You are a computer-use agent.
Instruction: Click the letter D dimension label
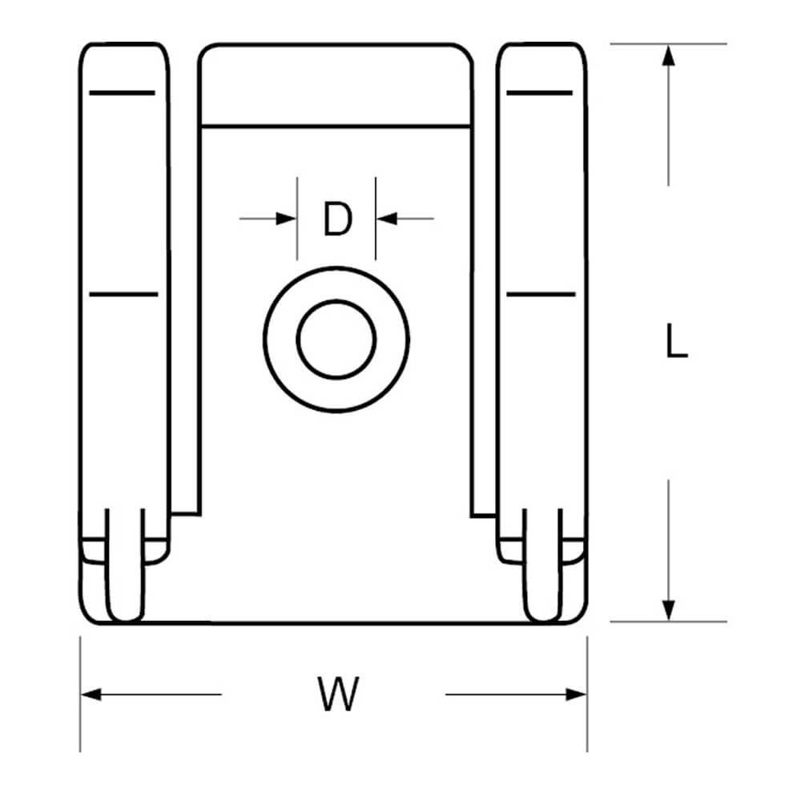(x=338, y=219)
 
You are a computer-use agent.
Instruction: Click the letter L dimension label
(x=677, y=340)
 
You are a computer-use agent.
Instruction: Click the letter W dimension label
(x=338, y=693)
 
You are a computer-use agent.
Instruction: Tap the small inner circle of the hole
(x=336, y=340)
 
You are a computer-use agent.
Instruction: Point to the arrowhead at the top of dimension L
(x=668, y=56)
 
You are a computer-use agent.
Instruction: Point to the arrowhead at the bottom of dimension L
(x=668, y=610)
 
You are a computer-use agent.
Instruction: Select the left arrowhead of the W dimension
(x=91, y=694)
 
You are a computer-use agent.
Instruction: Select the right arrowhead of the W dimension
(x=576, y=694)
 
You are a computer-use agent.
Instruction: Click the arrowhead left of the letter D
(x=286, y=219)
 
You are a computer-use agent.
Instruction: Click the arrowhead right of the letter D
(x=387, y=219)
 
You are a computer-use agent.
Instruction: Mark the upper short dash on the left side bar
(x=122, y=93)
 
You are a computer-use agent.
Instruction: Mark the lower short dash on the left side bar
(x=123, y=294)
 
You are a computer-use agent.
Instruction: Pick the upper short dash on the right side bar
(x=539, y=93)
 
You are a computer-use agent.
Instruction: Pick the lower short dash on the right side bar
(x=541, y=294)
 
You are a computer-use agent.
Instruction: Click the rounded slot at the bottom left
(x=125, y=566)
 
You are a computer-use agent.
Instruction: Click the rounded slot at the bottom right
(x=542, y=566)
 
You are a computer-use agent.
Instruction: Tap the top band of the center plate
(x=336, y=85)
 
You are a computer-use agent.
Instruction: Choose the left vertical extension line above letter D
(x=297, y=219)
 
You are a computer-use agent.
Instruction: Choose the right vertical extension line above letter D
(x=376, y=219)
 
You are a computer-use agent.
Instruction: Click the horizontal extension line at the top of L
(x=668, y=44)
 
